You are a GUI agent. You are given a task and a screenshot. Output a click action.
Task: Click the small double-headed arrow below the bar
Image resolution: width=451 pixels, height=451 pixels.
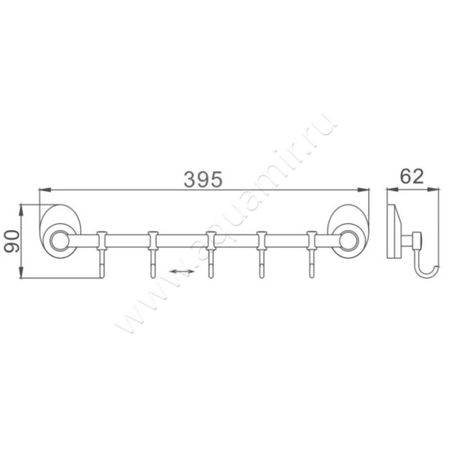182,272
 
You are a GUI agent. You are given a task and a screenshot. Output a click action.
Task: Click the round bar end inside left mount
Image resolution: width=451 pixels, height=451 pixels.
58,241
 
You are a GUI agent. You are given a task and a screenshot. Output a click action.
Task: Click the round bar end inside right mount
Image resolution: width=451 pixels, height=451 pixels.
347,241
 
